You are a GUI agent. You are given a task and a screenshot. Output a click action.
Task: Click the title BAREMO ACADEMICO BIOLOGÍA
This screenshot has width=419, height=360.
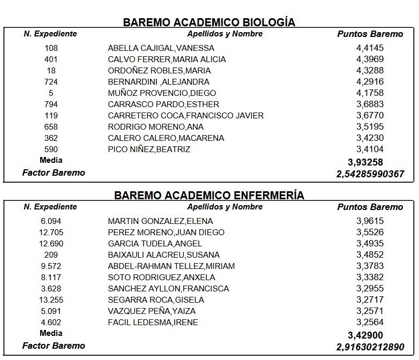pyautogui.click(x=209, y=22)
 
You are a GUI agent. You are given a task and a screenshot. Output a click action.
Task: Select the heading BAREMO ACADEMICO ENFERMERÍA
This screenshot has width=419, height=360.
pyautogui.click(x=209, y=196)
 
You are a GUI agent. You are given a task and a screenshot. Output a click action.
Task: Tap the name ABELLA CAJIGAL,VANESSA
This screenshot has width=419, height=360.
pyautogui.click(x=161, y=48)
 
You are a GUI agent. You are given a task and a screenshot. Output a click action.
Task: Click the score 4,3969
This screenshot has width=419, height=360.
pyautogui.click(x=370, y=59)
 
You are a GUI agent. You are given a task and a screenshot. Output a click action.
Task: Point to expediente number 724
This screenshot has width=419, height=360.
pyautogui.click(x=51, y=82)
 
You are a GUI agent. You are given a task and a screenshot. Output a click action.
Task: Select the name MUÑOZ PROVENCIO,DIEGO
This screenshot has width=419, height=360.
pyautogui.click(x=162, y=93)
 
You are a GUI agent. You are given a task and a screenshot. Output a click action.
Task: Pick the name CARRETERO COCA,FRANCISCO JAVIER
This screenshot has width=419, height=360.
pyautogui.click(x=185, y=116)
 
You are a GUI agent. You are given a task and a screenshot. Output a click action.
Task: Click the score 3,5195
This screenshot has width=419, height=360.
pyautogui.click(x=370, y=127)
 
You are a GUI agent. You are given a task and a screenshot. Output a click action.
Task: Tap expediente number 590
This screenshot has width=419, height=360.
pyautogui.click(x=51, y=149)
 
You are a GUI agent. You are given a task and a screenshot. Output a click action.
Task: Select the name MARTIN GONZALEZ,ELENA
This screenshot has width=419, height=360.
pyautogui.click(x=160, y=221)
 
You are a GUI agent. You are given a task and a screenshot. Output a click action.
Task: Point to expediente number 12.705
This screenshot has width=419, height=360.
pyautogui.click(x=51, y=232)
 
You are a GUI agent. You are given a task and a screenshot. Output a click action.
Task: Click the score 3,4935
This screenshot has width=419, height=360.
pyautogui.click(x=370, y=244)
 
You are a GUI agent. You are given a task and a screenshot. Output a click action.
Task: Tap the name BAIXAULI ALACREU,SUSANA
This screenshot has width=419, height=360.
pyautogui.click(x=163, y=255)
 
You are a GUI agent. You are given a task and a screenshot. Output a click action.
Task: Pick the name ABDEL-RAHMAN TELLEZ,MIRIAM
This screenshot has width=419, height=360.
pyautogui.click(x=171, y=266)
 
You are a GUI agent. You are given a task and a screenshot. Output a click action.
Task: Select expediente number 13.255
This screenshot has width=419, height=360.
pyautogui.click(x=51, y=300)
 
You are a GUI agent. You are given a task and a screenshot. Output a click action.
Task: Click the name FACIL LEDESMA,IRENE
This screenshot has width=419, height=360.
pyautogui.click(x=153, y=322)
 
